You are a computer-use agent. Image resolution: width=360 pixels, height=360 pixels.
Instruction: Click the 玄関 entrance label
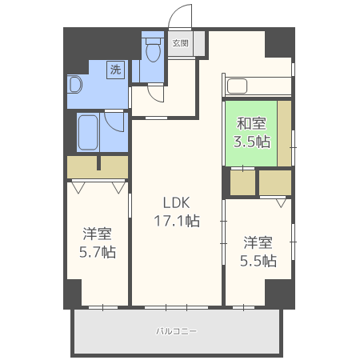(x=180, y=43)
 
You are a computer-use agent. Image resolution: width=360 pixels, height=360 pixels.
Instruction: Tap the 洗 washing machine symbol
(x=116, y=70)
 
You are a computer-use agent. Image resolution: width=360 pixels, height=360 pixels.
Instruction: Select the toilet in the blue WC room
(x=152, y=49)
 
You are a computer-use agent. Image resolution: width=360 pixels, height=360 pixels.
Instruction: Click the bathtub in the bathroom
(x=88, y=133)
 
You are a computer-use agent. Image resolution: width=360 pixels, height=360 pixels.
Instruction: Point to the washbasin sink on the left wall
(x=74, y=84)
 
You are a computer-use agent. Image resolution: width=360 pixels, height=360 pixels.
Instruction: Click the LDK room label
(x=177, y=202)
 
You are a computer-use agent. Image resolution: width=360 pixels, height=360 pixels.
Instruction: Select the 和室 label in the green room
(x=250, y=124)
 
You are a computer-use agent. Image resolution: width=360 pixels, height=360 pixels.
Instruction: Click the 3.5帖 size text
(x=250, y=142)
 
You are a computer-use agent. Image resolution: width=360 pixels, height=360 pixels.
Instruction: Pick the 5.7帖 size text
(x=98, y=252)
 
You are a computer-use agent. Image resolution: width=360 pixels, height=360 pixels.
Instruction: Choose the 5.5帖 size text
(x=258, y=260)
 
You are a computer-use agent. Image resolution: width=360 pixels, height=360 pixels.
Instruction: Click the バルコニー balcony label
(x=176, y=330)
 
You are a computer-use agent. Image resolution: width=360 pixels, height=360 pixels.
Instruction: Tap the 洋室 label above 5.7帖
(x=98, y=234)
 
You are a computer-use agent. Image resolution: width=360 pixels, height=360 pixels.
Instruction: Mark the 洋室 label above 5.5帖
(x=258, y=242)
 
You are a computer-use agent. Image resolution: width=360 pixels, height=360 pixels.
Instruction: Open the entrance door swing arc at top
(x=182, y=18)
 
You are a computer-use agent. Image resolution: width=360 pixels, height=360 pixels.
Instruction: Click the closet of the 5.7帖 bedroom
(x=97, y=167)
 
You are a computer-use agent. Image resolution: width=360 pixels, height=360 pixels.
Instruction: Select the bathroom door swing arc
(x=114, y=122)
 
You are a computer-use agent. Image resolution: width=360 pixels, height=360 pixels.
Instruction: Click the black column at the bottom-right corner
(x=279, y=294)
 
